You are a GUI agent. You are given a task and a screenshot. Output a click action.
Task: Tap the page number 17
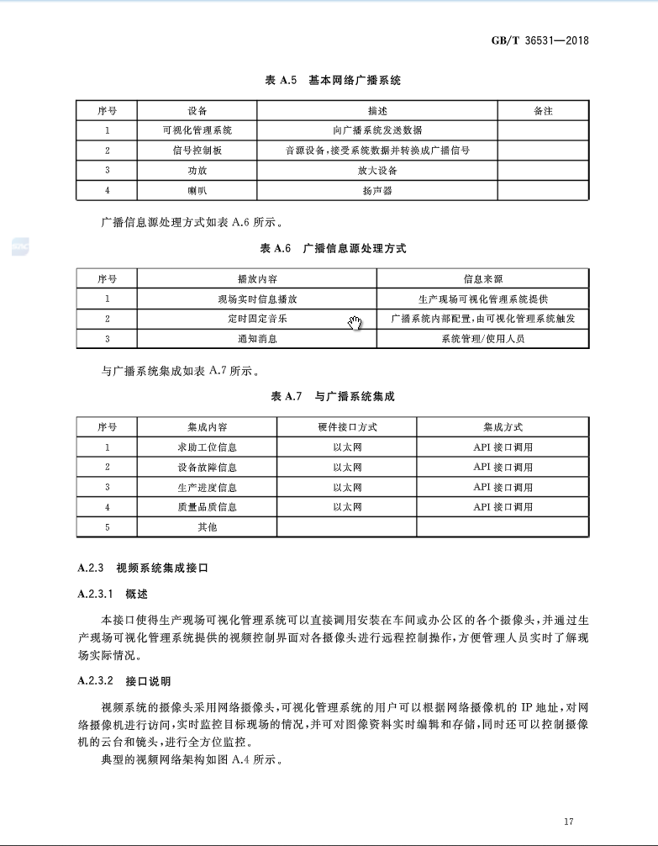(569, 821)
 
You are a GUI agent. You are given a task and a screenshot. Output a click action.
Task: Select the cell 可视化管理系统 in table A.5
(197, 130)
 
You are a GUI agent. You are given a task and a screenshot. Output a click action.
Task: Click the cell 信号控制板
(197, 151)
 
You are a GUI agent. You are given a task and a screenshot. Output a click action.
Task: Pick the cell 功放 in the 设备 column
(197, 171)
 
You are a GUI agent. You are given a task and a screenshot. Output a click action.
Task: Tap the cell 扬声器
(377, 191)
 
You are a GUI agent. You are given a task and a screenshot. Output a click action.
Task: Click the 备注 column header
(543, 111)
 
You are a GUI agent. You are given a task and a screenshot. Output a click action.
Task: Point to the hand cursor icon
(355, 323)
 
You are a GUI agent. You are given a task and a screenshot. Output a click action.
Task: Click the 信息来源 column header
(483, 279)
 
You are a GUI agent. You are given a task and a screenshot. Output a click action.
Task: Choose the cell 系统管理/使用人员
(483, 339)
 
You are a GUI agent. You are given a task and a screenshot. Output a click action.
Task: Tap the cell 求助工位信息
(207, 447)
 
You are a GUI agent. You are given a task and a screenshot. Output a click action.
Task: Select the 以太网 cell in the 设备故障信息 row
(347, 468)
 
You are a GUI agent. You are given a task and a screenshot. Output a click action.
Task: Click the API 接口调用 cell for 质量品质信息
(503, 507)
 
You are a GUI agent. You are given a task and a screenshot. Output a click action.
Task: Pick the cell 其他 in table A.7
(207, 527)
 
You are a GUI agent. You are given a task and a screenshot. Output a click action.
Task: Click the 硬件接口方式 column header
(347, 427)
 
